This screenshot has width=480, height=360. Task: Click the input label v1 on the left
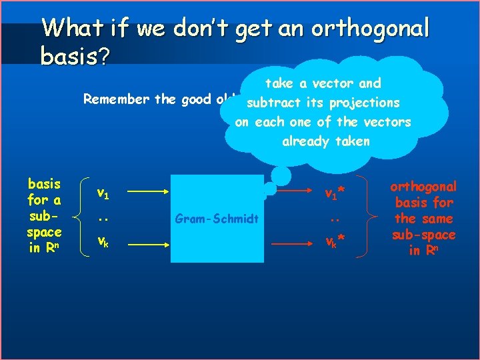point(103,194)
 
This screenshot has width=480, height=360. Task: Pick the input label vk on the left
point(103,241)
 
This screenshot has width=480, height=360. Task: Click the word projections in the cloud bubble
point(368,103)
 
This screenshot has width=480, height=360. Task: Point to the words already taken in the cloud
point(325,141)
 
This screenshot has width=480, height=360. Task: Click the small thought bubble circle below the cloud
point(281,175)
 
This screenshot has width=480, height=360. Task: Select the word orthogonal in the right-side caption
point(423,187)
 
